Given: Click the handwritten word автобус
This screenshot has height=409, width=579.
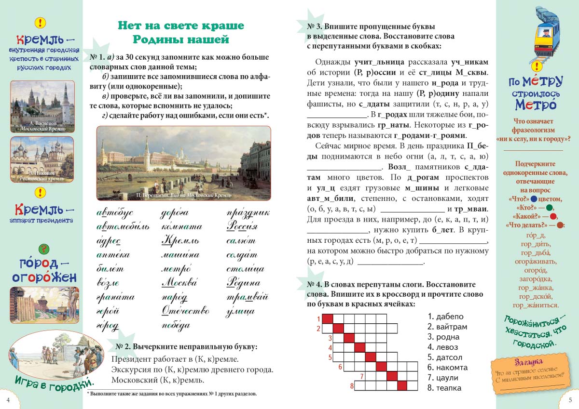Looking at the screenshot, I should click(x=114, y=213).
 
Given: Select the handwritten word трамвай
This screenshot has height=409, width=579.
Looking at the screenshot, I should click(x=248, y=297).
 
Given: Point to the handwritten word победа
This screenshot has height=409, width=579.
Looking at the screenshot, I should click(x=176, y=326).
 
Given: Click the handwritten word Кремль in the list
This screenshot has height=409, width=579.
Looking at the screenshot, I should click(x=179, y=241).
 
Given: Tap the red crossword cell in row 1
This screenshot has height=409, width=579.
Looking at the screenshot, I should click(x=327, y=318).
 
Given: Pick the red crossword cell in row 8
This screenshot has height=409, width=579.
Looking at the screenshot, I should click(x=401, y=385).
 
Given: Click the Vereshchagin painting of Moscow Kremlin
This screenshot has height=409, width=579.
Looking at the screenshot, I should click(x=183, y=163).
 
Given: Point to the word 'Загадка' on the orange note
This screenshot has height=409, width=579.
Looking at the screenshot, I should click(x=528, y=362).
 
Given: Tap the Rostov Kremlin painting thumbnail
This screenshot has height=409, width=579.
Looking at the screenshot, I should click(x=42, y=159).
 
